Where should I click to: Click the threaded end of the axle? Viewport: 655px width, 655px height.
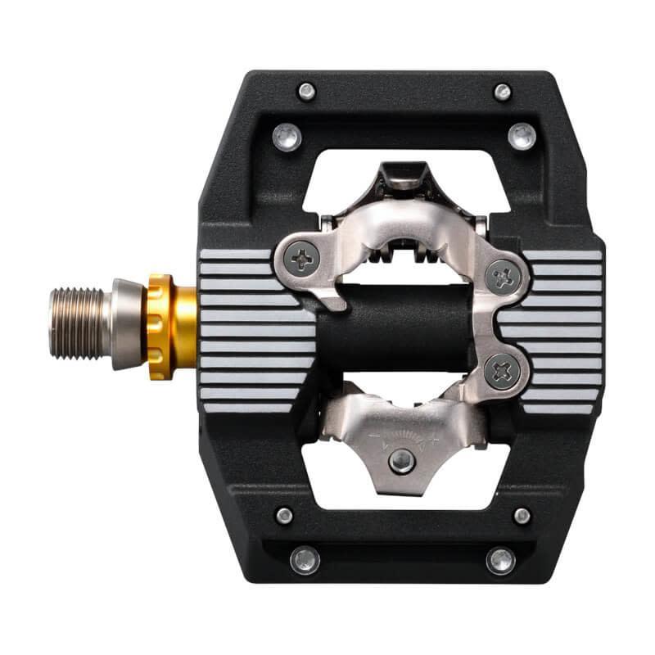pos(79,323)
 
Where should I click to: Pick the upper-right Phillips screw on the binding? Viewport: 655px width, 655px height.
pos(503,278)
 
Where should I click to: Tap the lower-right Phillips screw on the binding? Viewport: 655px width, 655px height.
pos(502,372)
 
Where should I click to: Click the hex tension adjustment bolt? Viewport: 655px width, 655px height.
pos(401,461)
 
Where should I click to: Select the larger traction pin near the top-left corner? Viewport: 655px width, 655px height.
pos(287,136)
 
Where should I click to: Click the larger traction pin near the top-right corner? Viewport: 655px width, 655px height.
pos(522,136)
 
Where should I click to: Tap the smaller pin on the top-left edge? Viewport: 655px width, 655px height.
pos(307,91)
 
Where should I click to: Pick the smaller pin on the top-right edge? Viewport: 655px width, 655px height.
pos(503,91)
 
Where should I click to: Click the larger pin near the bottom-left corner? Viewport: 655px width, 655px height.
pos(305,560)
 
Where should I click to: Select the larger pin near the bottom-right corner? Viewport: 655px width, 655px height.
pos(501,560)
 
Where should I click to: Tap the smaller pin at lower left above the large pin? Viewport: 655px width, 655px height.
pos(284,516)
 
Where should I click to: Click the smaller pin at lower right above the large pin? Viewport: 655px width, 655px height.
pos(522,516)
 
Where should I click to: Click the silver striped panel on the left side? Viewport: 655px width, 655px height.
pos(246,327)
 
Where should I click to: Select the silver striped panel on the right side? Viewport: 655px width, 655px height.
pos(565,327)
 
